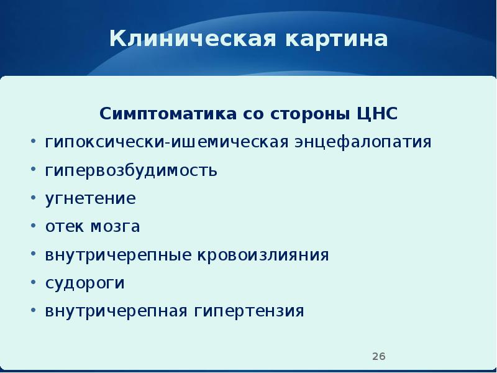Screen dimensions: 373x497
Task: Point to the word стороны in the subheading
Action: [311, 115]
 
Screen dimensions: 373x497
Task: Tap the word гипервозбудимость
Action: [131, 170]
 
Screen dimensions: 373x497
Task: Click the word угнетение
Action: [90, 199]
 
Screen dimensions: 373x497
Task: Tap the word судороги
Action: [85, 283]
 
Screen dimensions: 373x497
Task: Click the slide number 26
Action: [379, 356]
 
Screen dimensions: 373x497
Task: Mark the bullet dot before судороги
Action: [33, 283]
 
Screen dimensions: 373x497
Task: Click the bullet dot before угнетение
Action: [33, 199]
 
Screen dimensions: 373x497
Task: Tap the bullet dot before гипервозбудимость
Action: [33, 170]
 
